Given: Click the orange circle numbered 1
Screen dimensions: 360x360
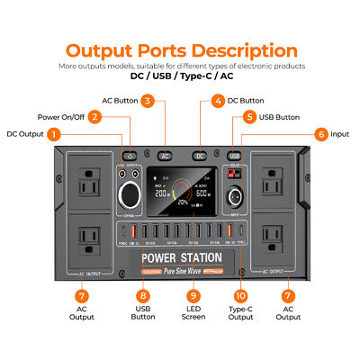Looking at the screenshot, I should point(54,134).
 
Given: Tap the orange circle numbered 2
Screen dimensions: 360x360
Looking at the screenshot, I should point(94,117).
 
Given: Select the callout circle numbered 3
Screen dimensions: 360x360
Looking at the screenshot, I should point(147,102).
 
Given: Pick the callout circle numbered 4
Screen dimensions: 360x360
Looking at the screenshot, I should point(217,102).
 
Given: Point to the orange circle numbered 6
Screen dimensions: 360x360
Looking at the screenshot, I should point(320,134).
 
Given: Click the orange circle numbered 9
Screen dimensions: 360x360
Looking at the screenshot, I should point(193,295).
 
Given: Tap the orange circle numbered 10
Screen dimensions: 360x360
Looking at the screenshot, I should point(240,295).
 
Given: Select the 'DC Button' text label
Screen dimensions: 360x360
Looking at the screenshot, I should point(249,102).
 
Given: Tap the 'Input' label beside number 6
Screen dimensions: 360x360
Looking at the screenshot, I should point(340,134).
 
